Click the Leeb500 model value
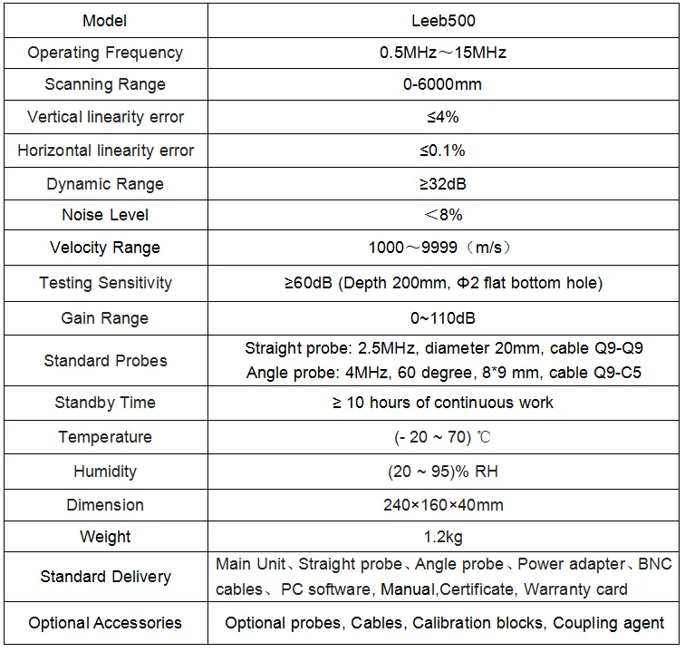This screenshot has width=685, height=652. [442, 20]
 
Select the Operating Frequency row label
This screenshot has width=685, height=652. [105, 53]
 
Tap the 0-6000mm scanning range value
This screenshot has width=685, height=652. [442, 84]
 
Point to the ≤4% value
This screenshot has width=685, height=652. [442, 117]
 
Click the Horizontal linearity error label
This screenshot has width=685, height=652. [105, 151]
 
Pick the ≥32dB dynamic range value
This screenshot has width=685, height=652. [442, 184]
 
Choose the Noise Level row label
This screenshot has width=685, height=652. [105, 215]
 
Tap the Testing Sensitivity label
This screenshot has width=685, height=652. [105, 283]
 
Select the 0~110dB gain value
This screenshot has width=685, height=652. [442, 318]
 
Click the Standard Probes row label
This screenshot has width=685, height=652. [105, 361]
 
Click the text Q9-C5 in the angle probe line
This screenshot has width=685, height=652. [620, 372]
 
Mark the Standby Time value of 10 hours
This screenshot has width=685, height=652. [442, 403]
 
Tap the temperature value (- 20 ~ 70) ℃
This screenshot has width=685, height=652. [442, 437]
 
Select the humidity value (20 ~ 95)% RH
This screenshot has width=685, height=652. [442, 472]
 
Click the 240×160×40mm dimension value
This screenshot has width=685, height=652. [442, 505]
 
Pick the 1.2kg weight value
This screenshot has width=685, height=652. [442, 537]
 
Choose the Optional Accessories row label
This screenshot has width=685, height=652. [105, 623]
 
